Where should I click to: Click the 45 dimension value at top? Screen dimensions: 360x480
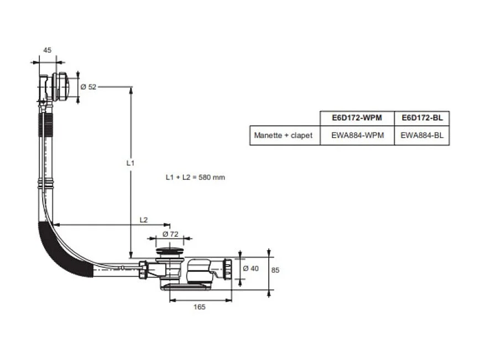pyautogui.click(x=47, y=50)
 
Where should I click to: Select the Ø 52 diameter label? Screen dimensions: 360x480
pyautogui.click(x=88, y=87)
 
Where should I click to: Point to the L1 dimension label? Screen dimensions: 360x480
pyautogui.click(x=130, y=163)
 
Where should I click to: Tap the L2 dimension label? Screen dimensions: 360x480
pyautogui.click(x=143, y=220)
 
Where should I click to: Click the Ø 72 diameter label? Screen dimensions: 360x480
pyautogui.click(x=170, y=234)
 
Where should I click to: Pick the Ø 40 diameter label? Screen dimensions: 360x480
pyautogui.click(x=251, y=268)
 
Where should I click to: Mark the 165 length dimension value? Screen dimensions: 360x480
pyautogui.click(x=200, y=307)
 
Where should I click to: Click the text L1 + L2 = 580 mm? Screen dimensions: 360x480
pyautogui.click(x=195, y=178)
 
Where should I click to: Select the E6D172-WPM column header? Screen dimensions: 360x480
pyautogui.click(x=357, y=118)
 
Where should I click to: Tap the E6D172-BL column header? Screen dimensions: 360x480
pyautogui.click(x=422, y=118)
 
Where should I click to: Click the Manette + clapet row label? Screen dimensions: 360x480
pyautogui.click(x=283, y=135)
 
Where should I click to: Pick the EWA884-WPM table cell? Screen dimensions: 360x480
pyautogui.click(x=357, y=135)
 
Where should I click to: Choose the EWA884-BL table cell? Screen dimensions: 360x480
pyautogui.click(x=422, y=135)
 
